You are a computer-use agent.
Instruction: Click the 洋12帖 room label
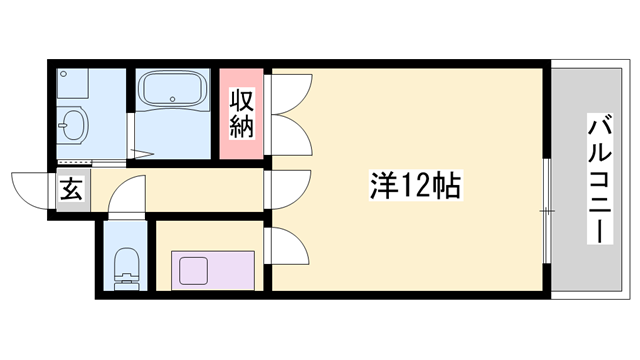coord(416,185)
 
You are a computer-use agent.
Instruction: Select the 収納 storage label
coord(242,113)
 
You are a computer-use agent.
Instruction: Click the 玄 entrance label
coord(72,189)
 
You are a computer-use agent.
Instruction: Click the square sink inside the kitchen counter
coord(193,271)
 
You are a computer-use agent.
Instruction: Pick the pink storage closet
coord(241,114)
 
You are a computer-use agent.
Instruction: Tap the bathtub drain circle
coord(173,99)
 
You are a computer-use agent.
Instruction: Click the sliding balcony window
coord(547,211)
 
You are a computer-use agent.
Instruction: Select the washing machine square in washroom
coord(73,83)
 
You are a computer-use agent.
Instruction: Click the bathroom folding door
coord(131,137)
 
